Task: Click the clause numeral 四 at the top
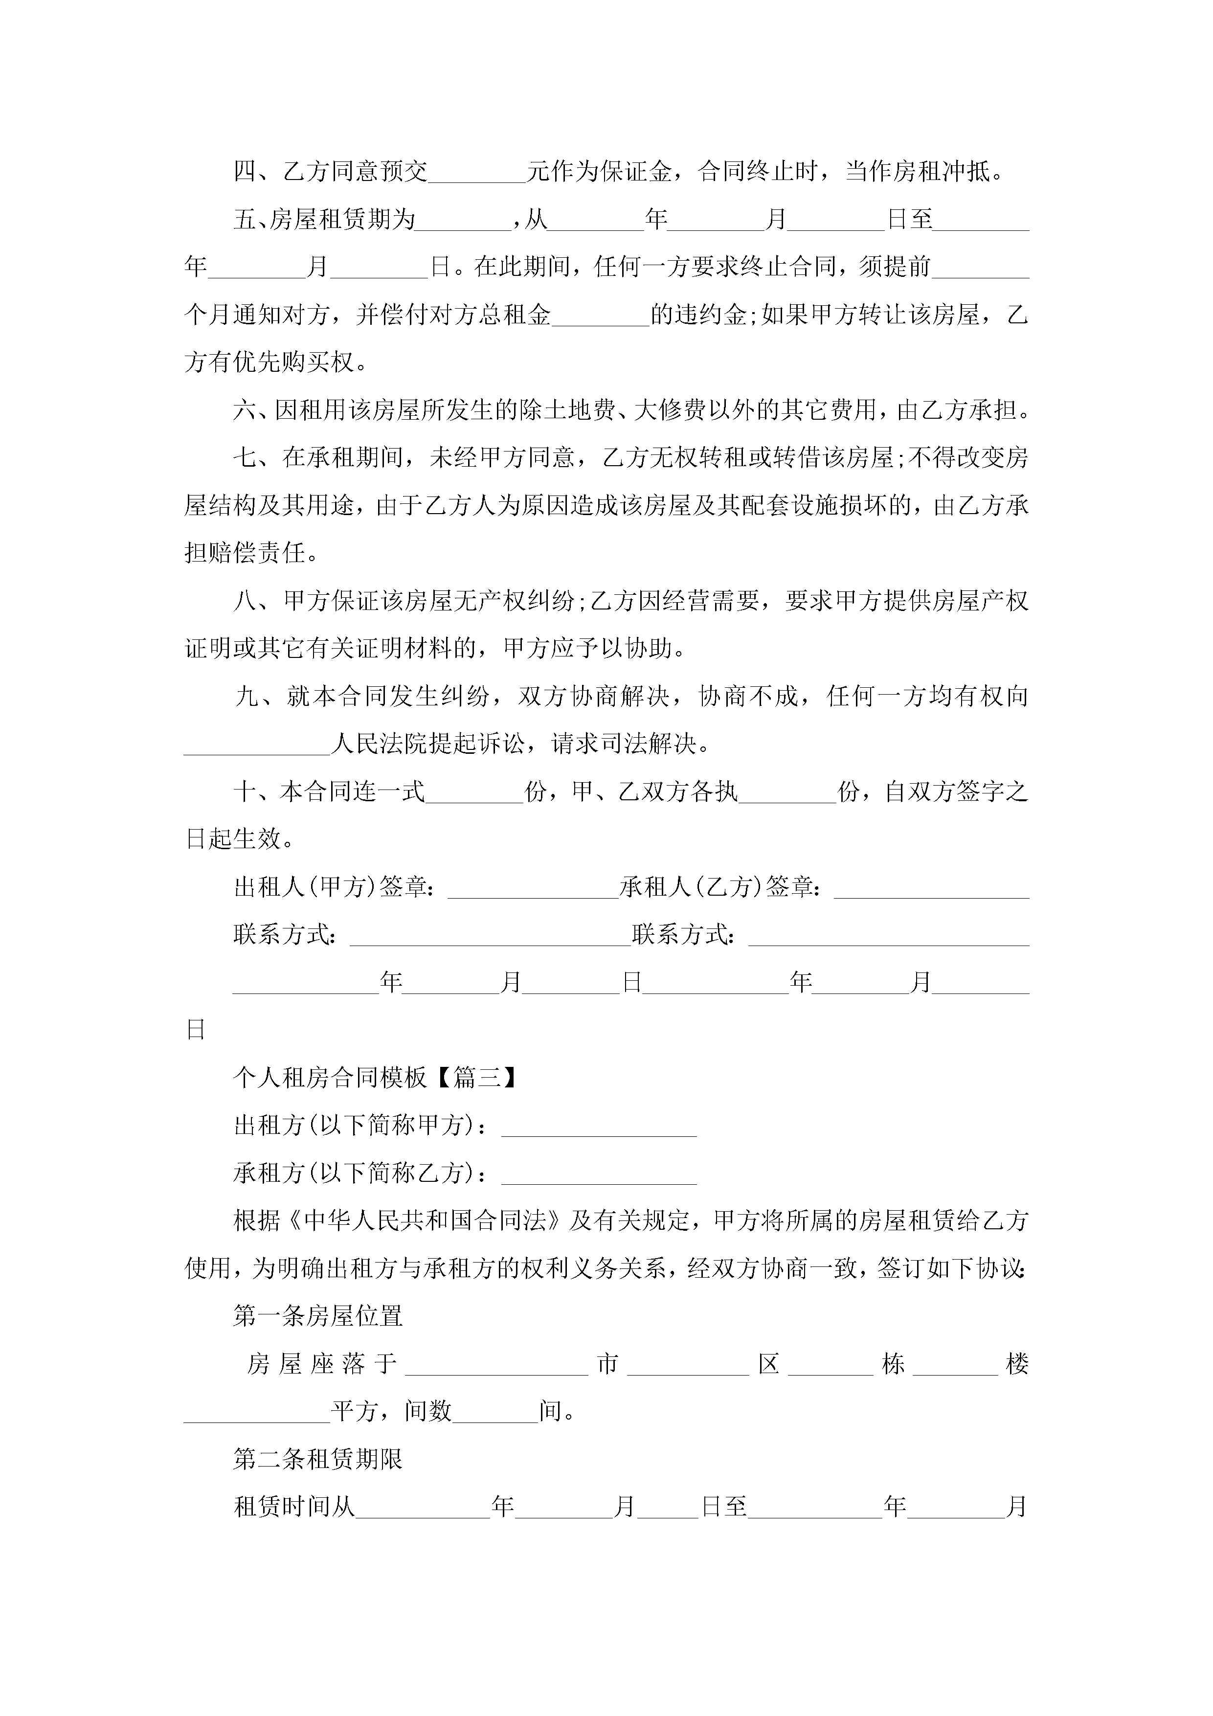[x=245, y=172]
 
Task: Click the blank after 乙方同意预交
[x=477, y=173]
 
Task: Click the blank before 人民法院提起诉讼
[x=257, y=745]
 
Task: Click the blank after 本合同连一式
[x=474, y=793]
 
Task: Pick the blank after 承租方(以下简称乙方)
[x=599, y=1174]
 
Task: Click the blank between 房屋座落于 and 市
[x=497, y=1365]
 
